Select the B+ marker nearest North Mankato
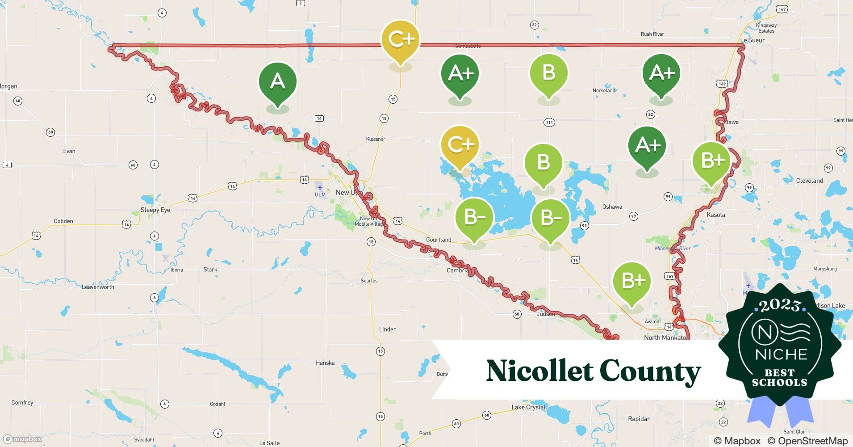click(631, 281)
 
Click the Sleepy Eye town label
click(155, 210)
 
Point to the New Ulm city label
click(348, 192)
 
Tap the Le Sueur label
click(753, 40)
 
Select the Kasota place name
click(716, 215)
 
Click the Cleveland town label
click(810, 181)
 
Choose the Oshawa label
click(612, 207)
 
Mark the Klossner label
click(376, 139)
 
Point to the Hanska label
click(325, 363)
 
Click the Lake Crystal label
click(528, 407)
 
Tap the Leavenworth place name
click(98, 287)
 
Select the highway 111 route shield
click(549, 122)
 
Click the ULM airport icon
click(320, 187)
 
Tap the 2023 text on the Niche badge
click(779, 305)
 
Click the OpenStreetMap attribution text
click(807, 441)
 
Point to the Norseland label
click(604, 90)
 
